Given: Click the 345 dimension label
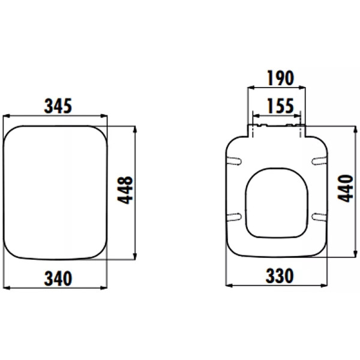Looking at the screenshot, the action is coord(58,106).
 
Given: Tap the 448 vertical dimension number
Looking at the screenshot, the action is coord(125,190).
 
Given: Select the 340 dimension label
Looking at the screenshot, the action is coord(58,278).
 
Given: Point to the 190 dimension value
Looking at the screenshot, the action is coord(281,78).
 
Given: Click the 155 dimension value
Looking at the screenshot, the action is coord(280,106).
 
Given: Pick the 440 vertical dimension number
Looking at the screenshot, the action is coord(345,188).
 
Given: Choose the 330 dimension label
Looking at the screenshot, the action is coord(280,275).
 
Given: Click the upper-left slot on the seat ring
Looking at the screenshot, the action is coord(235,161).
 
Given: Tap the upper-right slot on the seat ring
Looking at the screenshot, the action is coord(319,161).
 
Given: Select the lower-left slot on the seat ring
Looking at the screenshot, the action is coord(235,217).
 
